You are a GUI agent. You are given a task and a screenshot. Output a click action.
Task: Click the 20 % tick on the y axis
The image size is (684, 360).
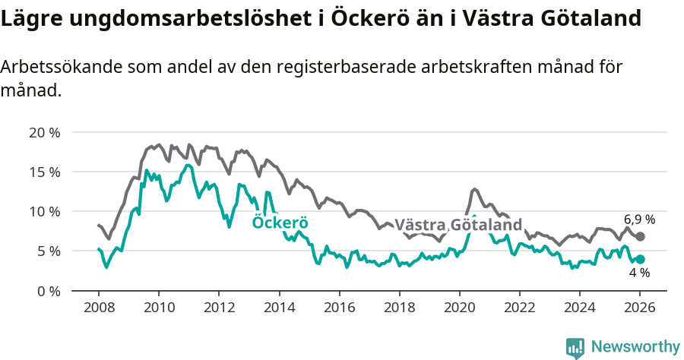click(44, 132)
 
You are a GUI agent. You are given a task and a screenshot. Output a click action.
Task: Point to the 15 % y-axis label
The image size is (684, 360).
click(44, 172)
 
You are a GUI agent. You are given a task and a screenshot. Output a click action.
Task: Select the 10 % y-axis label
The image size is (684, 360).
click(44, 211)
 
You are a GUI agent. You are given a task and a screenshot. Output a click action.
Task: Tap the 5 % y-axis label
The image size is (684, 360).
click(48, 251)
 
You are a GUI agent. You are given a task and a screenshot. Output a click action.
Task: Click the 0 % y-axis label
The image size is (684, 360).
click(48, 290)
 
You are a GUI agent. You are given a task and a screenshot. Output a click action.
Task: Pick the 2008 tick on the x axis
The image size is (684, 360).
click(99, 308)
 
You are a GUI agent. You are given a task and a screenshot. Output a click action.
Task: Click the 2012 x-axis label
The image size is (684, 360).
click(219, 308)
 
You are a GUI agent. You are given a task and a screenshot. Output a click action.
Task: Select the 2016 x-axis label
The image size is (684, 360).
click(339, 308)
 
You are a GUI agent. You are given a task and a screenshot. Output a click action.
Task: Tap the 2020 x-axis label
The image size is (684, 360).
click(459, 308)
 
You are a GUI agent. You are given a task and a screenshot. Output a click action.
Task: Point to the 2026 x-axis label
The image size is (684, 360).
click(640, 308)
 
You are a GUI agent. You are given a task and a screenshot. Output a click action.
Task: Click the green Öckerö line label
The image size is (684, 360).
click(280, 223)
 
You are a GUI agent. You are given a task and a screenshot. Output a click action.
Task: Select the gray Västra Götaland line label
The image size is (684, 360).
click(459, 226)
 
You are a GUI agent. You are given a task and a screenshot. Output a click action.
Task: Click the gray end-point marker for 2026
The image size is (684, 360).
click(640, 236)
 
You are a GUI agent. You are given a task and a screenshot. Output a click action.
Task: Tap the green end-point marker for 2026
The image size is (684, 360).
click(640, 259)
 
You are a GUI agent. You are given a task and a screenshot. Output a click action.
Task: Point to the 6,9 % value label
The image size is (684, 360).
click(639, 219)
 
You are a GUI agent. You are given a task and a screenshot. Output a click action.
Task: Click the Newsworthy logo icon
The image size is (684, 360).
click(575, 348)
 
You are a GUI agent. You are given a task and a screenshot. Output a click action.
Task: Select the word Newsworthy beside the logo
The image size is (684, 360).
click(635, 347)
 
